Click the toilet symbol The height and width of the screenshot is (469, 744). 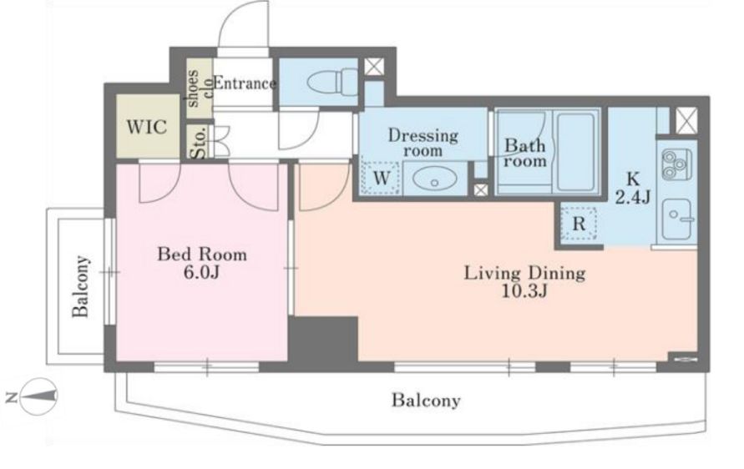[x=332, y=82]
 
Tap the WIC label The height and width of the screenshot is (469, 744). [x=147, y=127]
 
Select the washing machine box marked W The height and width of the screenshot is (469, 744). [x=381, y=178]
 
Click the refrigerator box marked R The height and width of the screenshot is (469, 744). [x=579, y=223]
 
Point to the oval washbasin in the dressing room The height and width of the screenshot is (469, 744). [x=434, y=179]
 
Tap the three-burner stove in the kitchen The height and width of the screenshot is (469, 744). [x=676, y=163]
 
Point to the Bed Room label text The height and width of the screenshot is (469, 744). [x=202, y=255]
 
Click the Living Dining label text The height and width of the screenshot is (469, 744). [x=524, y=273]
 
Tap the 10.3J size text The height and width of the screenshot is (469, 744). [x=524, y=290]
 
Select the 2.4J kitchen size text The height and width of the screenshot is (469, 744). [x=632, y=196]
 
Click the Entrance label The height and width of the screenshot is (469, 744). [x=244, y=83]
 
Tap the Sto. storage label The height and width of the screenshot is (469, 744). [x=199, y=142]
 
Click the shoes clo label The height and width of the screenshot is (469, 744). [x=200, y=88]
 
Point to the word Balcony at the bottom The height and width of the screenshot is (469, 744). [x=426, y=401]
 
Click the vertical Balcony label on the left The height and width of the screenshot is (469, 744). [x=81, y=286]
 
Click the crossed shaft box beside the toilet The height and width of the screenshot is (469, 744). [x=374, y=66]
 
